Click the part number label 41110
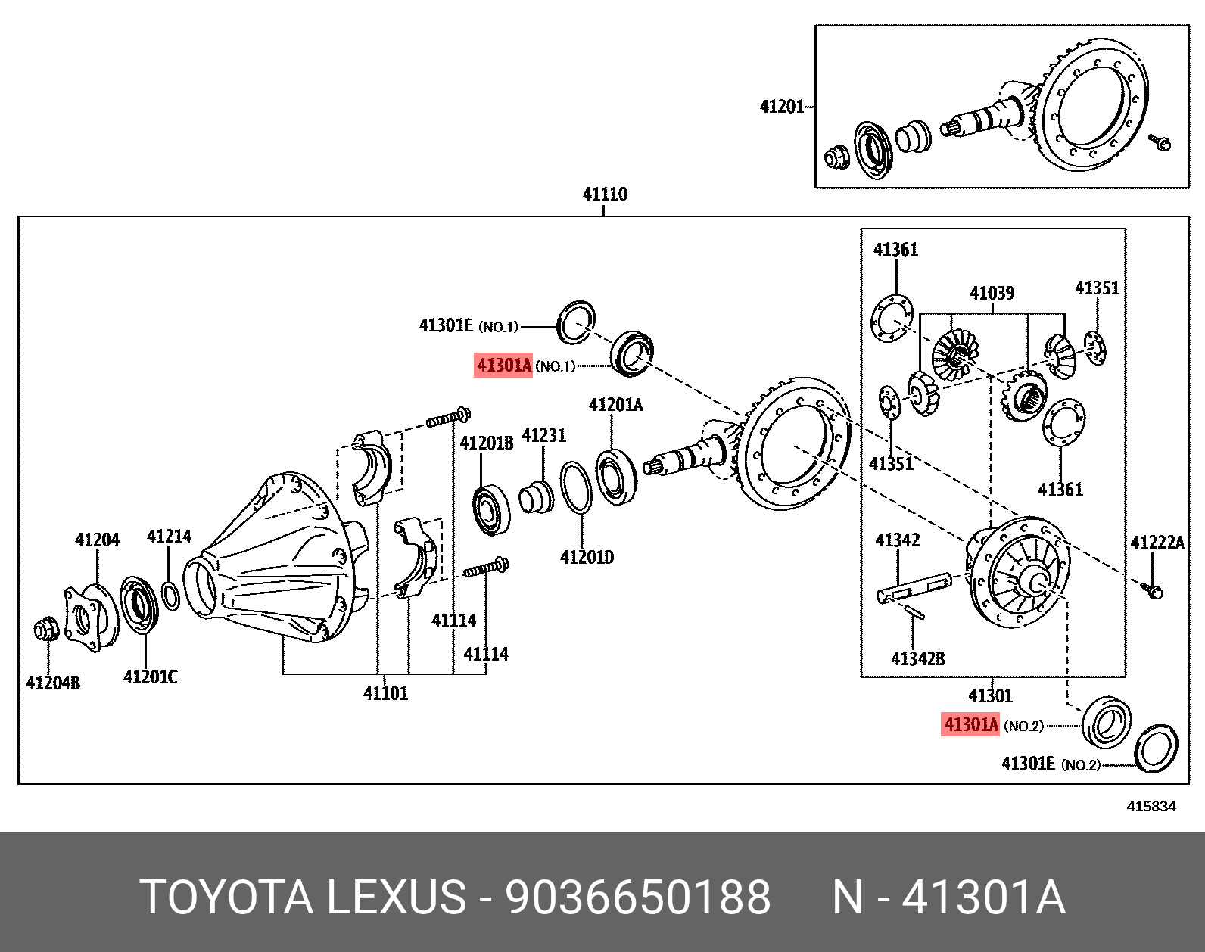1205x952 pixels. tap(605, 194)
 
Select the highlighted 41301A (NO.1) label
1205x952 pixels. tap(504, 366)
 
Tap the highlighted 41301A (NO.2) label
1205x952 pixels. tap(970, 725)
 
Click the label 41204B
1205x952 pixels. tap(53, 683)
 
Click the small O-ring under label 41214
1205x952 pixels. tap(171, 595)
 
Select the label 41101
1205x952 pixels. tap(385, 693)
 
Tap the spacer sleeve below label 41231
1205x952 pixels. tap(536, 497)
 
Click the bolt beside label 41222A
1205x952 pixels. tap(1154, 591)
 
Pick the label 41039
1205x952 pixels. tap(992, 293)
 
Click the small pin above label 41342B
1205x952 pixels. tap(914, 611)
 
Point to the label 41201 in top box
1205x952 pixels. tap(782, 107)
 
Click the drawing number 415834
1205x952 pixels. tap(1151, 807)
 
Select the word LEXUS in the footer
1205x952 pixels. tap(396, 898)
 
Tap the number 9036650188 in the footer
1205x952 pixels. tap(637, 898)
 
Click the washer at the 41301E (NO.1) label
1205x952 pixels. tap(576, 322)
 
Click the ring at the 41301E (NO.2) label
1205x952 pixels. tap(1156, 748)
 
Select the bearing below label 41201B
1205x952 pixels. tap(491, 511)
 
